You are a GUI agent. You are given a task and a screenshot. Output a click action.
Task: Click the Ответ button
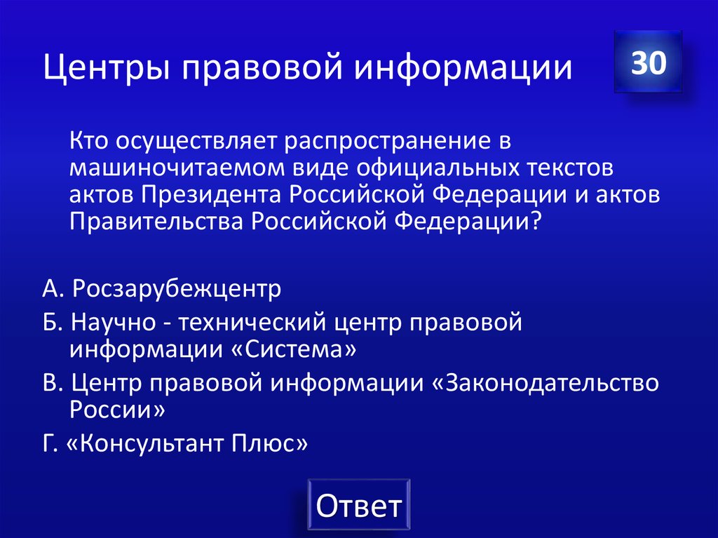click(358, 505)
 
